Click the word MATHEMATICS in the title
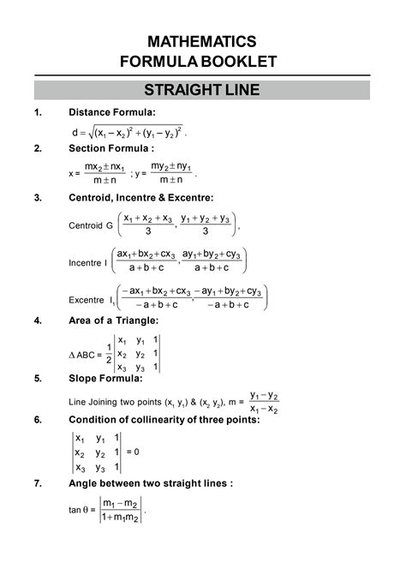(202, 41)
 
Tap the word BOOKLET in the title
(244, 61)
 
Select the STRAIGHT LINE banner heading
(202, 89)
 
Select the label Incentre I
(87, 262)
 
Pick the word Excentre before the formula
(87, 299)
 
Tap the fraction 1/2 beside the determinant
(108, 353)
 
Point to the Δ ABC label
(84, 355)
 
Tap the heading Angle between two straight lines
(150, 483)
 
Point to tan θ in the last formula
(79, 510)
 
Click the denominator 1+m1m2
(121, 518)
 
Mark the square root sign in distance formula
(87, 133)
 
